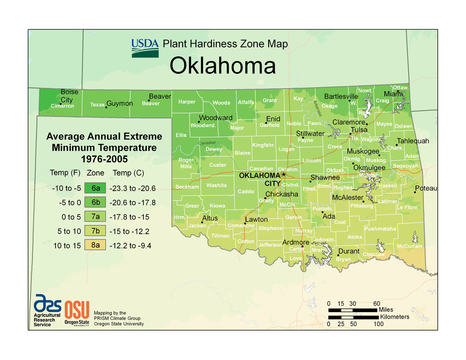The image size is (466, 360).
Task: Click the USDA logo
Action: (145, 48)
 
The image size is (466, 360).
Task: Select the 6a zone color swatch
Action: (96, 188)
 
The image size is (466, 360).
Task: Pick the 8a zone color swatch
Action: (96, 245)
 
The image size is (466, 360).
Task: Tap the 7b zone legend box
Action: (96, 231)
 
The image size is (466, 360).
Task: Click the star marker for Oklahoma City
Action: (283, 174)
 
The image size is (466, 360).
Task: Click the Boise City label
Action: (69, 96)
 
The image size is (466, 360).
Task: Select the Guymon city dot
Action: (106, 107)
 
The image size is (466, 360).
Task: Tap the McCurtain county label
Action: (409, 246)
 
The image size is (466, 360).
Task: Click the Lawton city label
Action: (256, 219)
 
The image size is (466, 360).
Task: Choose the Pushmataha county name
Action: (380, 229)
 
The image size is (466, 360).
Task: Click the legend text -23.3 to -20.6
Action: (132, 188)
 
